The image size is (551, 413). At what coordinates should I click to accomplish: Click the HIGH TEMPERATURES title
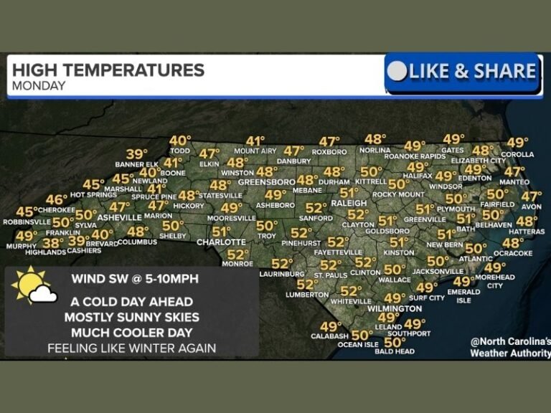(x=108, y=70)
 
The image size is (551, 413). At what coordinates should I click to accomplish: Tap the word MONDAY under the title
(x=39, y=86)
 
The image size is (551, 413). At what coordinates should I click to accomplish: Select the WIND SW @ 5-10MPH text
(x=135, y=278)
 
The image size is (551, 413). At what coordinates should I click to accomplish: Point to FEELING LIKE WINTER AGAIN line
(x=132, y=348)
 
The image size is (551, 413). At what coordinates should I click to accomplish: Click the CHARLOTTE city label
(x=221, y=242)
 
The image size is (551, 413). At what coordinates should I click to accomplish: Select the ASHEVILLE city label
(x=119, y=217)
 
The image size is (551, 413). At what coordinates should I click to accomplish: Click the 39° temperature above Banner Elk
(x=136, y=154)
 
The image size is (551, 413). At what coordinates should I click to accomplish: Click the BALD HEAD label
(x=395, y=351)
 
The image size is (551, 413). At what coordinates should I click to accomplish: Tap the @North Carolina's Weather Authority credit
(x=510, y=347)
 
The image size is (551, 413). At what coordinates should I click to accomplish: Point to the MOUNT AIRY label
(x=255, y=151)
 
